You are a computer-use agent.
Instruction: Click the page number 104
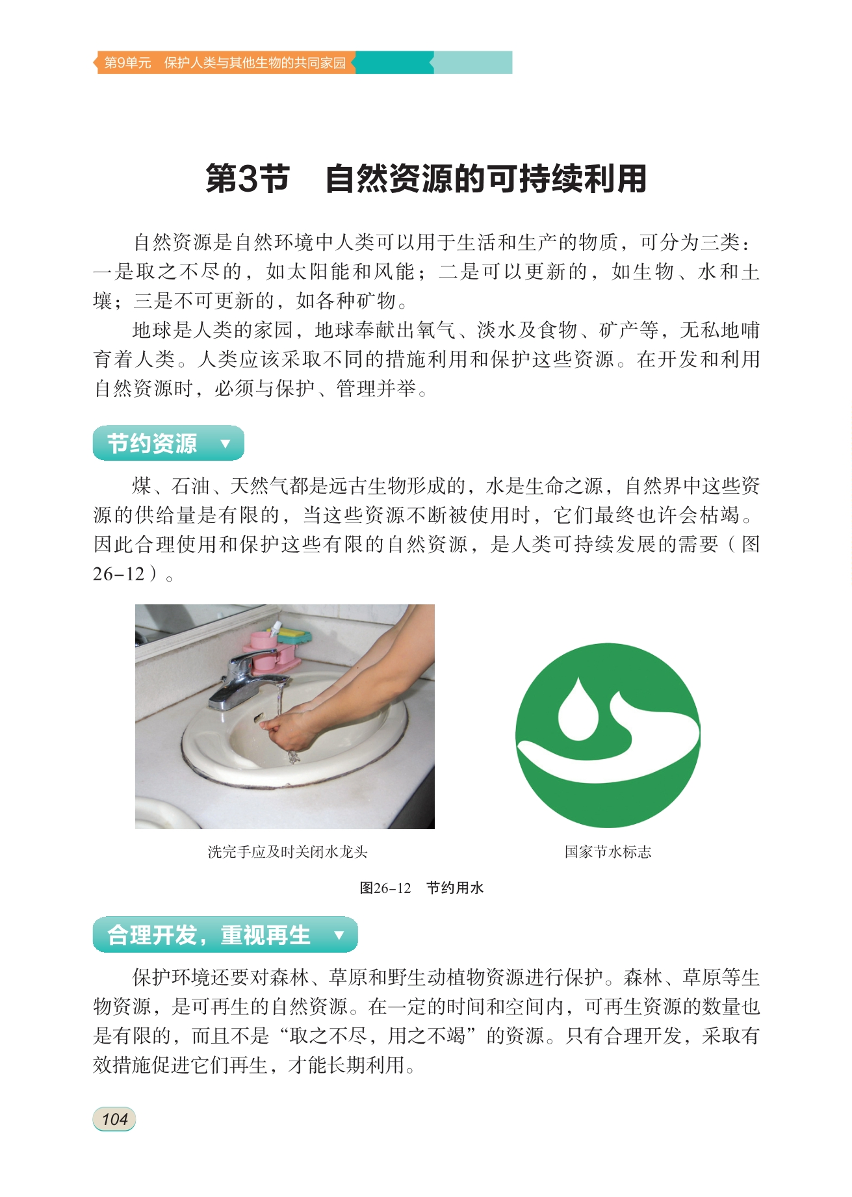point(114,1119)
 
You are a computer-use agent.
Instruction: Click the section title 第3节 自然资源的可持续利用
point(426,179)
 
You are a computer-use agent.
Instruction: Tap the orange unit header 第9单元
point(127,63)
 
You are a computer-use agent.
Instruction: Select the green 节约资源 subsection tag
point(168,443)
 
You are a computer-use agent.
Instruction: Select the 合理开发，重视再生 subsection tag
point(225,934)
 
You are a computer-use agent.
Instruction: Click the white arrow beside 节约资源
point(226,444)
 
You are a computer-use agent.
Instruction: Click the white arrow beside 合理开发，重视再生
point(339,935)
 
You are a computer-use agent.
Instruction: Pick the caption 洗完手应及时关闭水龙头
point(287,852)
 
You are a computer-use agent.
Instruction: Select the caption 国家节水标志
point(608,852)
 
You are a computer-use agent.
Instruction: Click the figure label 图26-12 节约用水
point(422,888)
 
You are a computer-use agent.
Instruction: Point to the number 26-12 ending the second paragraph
point(118,574)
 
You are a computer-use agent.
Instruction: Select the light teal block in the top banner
point(473,62)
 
